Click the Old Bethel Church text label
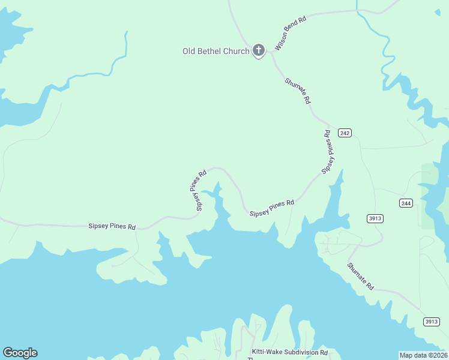[x=215, y=51]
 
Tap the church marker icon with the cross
[x=258, y=50]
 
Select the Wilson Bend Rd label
[x=291, y=33]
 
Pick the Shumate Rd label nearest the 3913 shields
[x=360, y=277]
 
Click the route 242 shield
[x=344, y=133]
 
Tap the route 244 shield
[x=406, y=203]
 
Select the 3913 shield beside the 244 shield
[x=375, y=218]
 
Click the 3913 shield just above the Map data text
[x=431, y=322]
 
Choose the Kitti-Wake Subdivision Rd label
[x=289, y=352]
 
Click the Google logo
[x=20, y=353]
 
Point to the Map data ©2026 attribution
[x=423, y=355]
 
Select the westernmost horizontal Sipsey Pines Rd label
[x=112, y=227]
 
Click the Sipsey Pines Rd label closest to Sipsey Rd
[x=272, y=208]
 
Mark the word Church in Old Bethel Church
[x=236, y=51]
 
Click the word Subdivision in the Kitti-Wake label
[x=299, y=352]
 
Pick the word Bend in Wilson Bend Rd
[x=292, y=32]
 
